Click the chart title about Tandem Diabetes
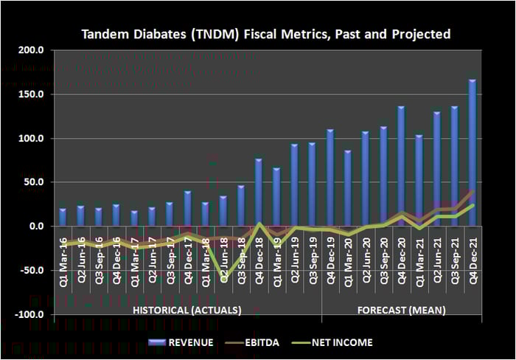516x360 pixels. tap(265, 35)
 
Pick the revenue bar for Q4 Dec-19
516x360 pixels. tap(330, 177)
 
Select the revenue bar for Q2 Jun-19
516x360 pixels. tap(294, 184)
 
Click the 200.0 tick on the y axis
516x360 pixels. tap(33, 50)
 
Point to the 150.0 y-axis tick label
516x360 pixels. tap(33, 94)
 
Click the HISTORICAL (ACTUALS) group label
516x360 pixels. tap(186, 311)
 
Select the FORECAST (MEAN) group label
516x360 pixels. tap(401, 311)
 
